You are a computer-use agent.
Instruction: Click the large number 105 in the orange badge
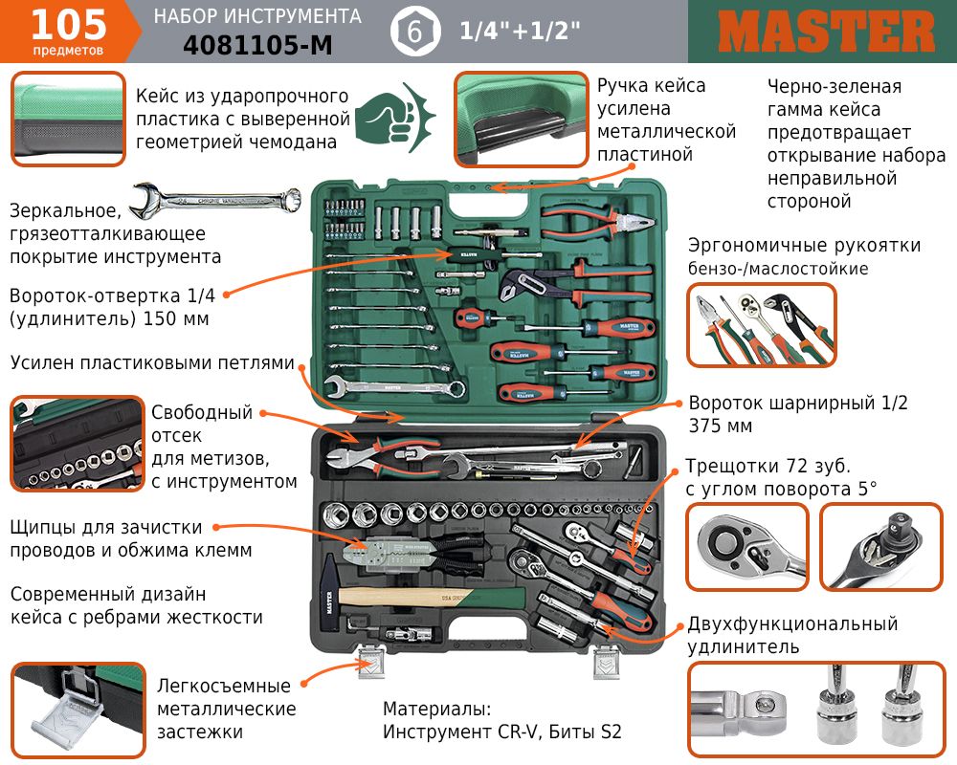pos(68,25)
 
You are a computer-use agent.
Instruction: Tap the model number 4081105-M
pos(257,45)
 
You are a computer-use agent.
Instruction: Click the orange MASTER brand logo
pos(826,32)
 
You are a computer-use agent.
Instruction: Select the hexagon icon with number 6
pos(415,32)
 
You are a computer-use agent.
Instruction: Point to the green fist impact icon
pos(394,117)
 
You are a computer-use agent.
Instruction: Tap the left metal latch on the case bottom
pos(370,662)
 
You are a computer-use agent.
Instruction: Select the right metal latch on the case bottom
pos(607,662)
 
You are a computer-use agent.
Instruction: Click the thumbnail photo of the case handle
pos(521,120)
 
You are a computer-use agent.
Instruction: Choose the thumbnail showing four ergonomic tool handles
pos(762,324)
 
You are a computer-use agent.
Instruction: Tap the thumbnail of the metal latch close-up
pos(78,710)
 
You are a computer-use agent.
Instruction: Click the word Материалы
pos(437,709)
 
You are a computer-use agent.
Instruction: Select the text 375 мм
pos(721,426)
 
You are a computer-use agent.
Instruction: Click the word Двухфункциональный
pos(792,623)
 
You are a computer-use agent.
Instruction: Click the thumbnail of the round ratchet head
pos(747,547)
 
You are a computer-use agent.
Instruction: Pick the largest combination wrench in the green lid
pos(394,386)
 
